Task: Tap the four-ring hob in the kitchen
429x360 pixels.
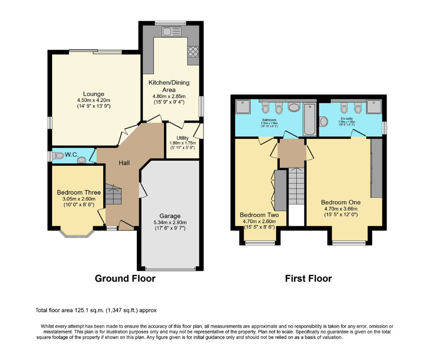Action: click(x=193, y=52)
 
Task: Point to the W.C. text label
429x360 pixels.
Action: click(x=71, y=155)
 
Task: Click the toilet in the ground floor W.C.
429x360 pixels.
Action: click(x=82, y=159)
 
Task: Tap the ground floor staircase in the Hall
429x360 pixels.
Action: click(x=114, y=195)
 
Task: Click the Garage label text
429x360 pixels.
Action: click(x=170, y=216)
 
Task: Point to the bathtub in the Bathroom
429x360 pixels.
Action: click(x=309, y=119)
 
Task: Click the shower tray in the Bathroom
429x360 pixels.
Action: click(x=241, y=106)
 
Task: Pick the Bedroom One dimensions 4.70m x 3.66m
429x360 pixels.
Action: click(x=340, y=209)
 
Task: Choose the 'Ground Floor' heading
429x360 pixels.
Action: click(x=125, y=278)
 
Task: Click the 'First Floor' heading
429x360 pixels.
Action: click(x=308, y=278)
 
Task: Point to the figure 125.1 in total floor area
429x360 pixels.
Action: click(x=78, y=310)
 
